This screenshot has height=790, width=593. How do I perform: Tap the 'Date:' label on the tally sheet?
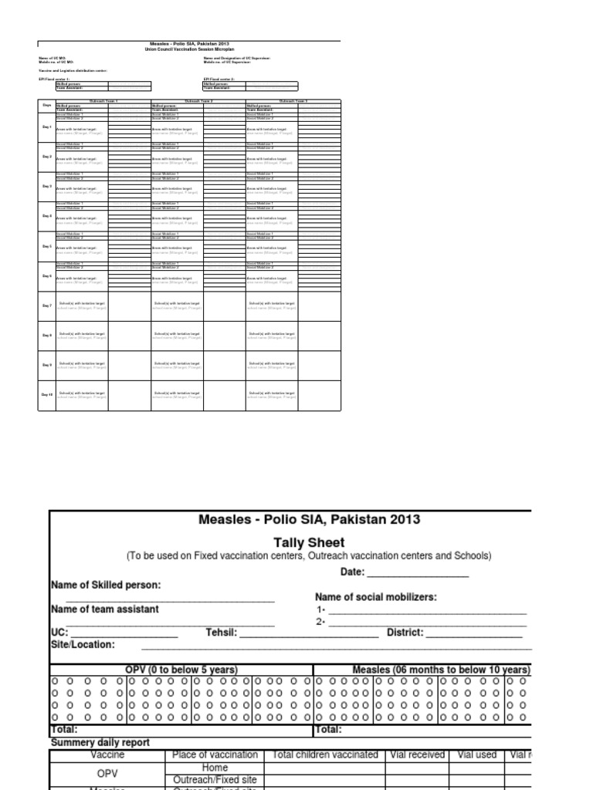point(353,572)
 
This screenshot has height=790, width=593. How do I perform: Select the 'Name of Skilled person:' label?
point(106,585)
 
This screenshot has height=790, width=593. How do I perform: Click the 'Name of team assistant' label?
point(105,609)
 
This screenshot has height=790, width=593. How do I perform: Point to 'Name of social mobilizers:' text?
point(376,596)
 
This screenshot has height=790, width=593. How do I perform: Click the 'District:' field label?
point(405,633)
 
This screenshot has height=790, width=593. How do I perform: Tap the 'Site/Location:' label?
point(83,644)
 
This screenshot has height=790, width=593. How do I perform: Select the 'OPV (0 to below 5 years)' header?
point(181,670)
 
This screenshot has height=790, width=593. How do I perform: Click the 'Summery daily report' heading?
point(100,742)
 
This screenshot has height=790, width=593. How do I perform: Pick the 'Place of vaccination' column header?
point(215,755)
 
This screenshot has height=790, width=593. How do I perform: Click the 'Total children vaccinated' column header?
point(325,755)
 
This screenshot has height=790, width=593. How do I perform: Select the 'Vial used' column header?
point(476,755)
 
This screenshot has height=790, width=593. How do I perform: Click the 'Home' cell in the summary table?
point(215,768)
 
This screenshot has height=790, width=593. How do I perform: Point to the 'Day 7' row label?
point(46,306)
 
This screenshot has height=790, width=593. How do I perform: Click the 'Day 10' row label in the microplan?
point(46,394)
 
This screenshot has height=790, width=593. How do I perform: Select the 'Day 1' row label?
point(46,127)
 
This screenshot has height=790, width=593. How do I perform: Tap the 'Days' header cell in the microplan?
point(46,103)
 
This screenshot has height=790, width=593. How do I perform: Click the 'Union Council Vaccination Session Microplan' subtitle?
point(188,49)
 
